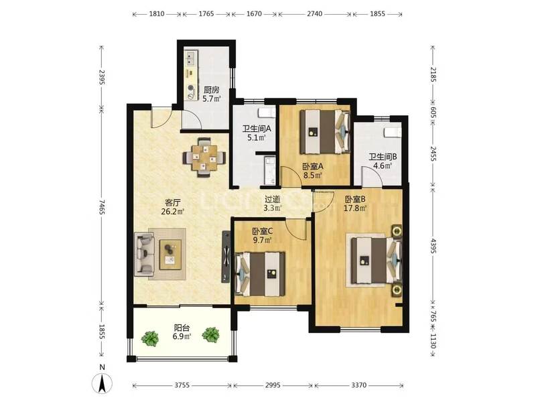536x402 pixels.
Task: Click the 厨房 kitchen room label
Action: pos(211,90)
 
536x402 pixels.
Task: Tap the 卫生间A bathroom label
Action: pos(257,129)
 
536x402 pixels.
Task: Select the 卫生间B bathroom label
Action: pos(383,157)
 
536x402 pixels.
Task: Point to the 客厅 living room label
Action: pos(173,202)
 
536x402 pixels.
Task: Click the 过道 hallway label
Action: pos(273,198)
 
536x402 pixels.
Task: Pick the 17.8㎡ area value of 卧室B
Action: pos(355,208)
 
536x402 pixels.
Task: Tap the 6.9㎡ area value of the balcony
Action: pos(182,336)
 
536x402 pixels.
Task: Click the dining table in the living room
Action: pos(204,157)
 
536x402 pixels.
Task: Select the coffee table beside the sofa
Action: pos(170,255)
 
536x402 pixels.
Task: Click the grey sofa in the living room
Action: pos(144,254)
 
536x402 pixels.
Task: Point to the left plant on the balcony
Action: pos(150,338)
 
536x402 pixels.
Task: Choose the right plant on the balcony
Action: pos(210,335)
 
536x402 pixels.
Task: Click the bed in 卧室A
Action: pos(324,131)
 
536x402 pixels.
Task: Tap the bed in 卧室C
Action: pos(260,274)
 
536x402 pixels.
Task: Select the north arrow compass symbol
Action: pos(103,383)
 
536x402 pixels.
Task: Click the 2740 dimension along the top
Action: pos(314,14)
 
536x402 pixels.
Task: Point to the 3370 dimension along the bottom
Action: pos(358,385)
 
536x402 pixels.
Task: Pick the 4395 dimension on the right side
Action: pos(433,246)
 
